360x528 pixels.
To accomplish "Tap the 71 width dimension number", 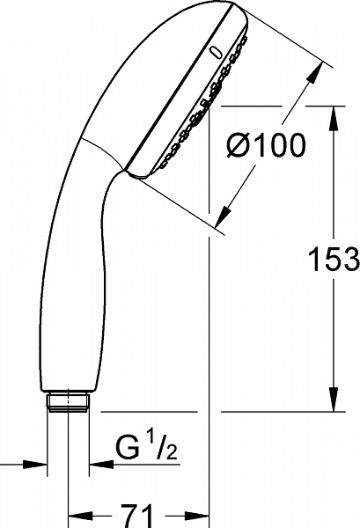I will (x=139, y=512).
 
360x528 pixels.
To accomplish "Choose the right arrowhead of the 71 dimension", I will (x=200, y=512).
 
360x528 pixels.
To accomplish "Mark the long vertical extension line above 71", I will (x=209, y=352).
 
